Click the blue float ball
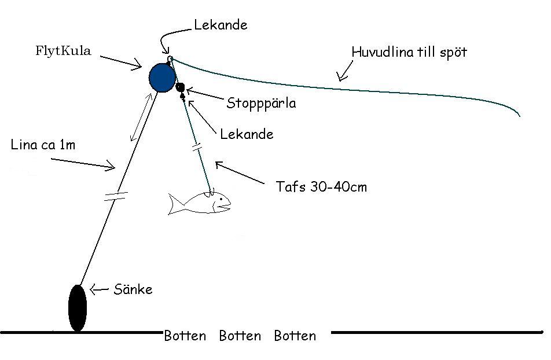point(162,78)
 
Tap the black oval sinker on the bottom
point(78,308)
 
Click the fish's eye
point(221,199)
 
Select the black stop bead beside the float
point(180,87)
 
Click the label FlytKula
point(63,51)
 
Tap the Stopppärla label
point(261,104)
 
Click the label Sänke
point(133,289)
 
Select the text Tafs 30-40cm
point(321,186)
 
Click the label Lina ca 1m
point(43,145)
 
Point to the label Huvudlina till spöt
point(409,53)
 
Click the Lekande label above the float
point(221,25)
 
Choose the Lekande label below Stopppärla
point(247,134)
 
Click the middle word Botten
point(240,336)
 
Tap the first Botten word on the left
point(185,336)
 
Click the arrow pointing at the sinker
point(99,289)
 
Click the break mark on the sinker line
point(116,196)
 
